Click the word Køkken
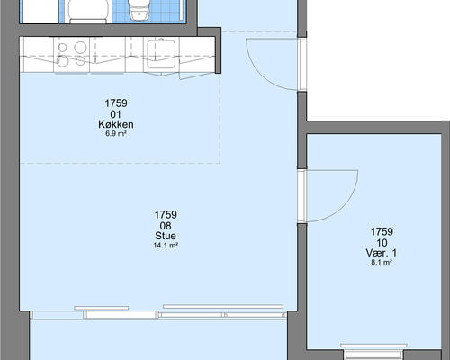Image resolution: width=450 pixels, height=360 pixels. (116, 124)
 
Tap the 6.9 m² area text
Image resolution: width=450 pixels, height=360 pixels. (115, 134)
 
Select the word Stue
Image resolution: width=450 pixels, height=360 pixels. (166, 236)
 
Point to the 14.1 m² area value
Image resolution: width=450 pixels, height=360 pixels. (166, 246)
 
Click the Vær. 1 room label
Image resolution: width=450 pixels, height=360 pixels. (382, 253)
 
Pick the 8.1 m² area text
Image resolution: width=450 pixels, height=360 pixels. (382, 263)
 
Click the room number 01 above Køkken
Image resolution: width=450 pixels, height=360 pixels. (115, 114)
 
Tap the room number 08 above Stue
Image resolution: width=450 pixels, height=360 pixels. (166, 226)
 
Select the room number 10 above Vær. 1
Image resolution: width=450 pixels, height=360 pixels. (382, 243)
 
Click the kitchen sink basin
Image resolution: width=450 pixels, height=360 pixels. (161, 50)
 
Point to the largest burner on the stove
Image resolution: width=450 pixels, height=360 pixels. (80, 48)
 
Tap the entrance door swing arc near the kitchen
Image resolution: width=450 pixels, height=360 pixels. (260, 74)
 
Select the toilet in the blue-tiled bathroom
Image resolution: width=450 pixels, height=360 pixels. (138, 10)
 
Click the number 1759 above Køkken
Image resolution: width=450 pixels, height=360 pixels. (116, 103)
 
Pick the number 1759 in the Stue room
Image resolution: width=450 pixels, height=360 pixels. (166, 215)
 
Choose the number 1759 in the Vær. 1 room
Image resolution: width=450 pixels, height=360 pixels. (382, 231)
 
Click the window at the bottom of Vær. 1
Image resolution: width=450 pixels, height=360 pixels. (373, 352)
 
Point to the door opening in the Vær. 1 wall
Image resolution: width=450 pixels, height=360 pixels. (302, 196)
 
